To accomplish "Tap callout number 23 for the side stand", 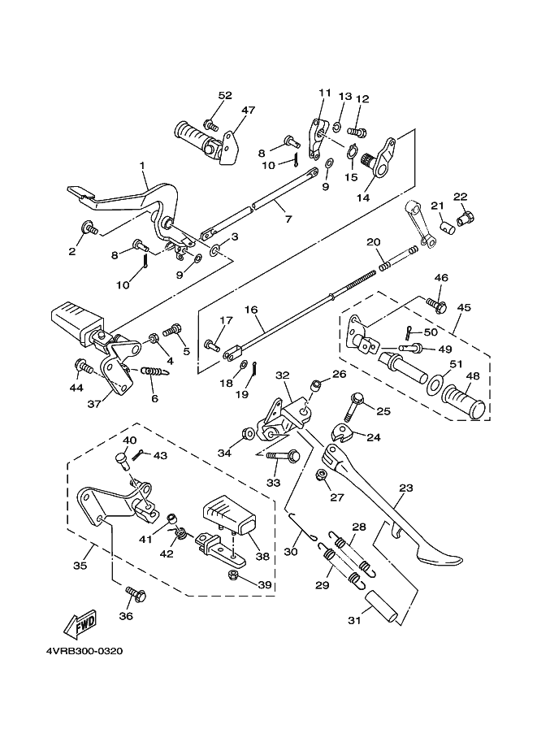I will (405, 489).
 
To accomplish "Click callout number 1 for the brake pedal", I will (143, 166).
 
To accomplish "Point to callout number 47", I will (248, 110).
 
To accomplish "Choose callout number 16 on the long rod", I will (250, 310).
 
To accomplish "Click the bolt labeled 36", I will (136, 596).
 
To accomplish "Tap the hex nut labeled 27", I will (322, 474).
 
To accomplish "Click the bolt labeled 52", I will (210, 125).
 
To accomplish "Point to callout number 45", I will (464, 307).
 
